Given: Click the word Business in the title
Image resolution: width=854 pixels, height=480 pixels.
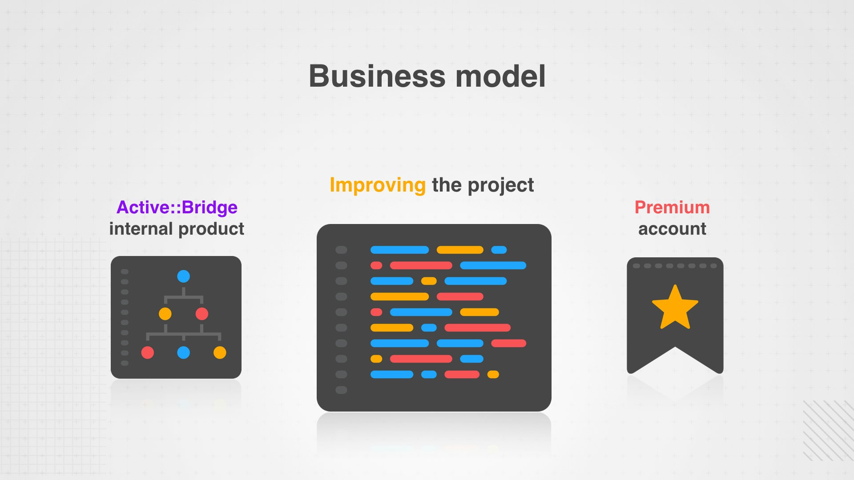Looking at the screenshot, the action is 377,76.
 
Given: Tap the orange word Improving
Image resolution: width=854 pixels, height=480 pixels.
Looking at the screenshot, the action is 378,185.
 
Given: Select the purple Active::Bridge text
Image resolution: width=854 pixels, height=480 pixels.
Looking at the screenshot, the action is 177,207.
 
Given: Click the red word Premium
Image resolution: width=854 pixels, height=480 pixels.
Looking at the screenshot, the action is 672,207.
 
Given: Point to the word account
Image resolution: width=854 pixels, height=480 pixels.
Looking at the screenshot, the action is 672,229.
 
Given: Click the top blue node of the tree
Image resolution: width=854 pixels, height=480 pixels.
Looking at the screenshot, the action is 183,276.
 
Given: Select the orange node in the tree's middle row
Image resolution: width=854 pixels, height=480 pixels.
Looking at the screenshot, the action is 165,314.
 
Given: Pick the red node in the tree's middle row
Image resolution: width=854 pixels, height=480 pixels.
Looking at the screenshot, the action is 202,314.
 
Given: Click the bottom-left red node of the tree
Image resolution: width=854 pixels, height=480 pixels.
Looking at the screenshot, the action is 148,352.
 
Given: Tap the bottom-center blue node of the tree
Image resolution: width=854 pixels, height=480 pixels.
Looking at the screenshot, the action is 183,352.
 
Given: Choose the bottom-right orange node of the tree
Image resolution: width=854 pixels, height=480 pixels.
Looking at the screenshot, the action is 220,352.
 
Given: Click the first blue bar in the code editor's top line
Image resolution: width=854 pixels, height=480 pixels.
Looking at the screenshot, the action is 399,250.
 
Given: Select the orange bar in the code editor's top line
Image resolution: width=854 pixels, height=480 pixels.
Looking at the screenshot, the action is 460,250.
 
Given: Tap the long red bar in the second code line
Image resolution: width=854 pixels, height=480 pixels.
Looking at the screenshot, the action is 421,265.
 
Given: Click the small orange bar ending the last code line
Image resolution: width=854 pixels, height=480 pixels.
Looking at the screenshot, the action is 493,374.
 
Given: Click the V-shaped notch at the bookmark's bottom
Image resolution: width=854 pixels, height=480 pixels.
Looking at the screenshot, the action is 675,347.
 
